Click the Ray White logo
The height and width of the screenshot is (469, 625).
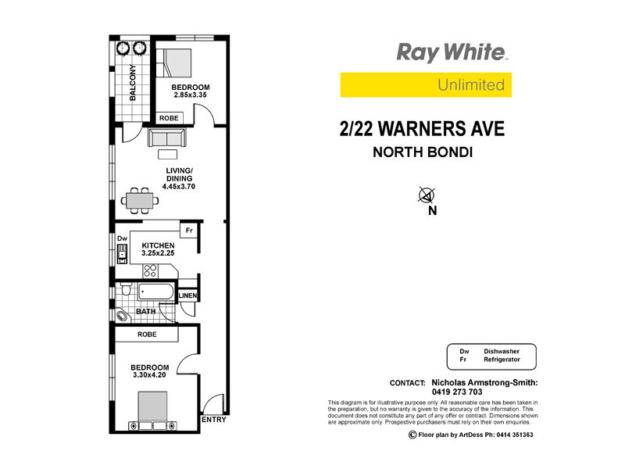(452, 53)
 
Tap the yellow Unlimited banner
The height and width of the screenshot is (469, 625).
(426, 84)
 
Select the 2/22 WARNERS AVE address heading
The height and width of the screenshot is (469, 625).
(422, 128)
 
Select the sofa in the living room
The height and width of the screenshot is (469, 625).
(167, 138)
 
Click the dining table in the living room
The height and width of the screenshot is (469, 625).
(139, 199)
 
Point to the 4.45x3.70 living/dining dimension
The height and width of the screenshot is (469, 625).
(179, 187)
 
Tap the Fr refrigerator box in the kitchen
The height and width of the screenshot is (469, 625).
(188, 231)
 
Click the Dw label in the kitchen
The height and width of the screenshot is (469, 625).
(122, 239)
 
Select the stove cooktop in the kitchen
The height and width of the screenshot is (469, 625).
(151, 270)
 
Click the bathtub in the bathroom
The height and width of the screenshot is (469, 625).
(157, 293)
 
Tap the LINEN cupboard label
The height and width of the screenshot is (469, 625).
(187, 296)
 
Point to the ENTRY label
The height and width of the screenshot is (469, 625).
(213, 420)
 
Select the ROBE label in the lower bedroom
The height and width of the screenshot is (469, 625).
(147, 335)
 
